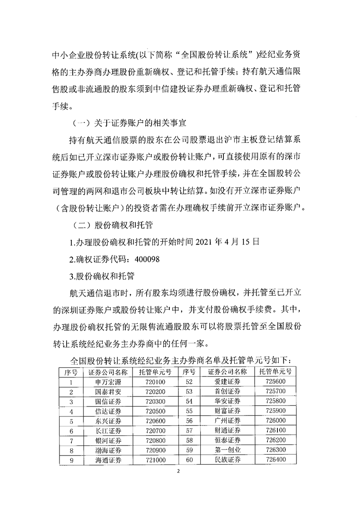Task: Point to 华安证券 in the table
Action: coord(227,401)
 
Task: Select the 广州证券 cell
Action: coord(227,421)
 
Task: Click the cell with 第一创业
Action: coord(227,450)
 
